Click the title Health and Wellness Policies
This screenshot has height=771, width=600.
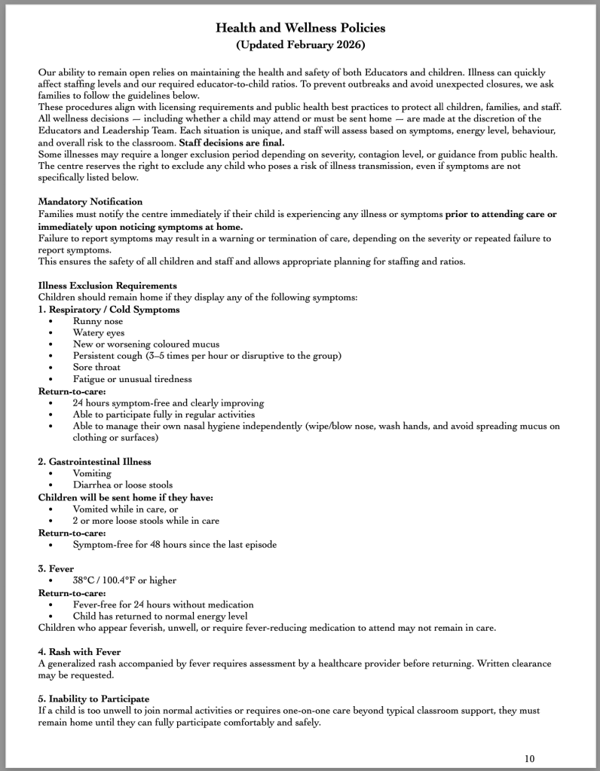click(300, 28)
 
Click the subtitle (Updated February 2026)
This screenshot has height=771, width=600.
click(300, 45)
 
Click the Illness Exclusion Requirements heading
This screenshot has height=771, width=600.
click(108, 285)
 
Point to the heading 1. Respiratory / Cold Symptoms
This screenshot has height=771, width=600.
click(109, 309)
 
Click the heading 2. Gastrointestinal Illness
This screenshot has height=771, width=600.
click(95, 461)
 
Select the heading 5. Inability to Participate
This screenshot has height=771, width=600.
click(93, 699)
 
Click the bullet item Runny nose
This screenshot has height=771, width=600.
click(97, 321)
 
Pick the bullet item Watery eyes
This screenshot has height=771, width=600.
click(99, 332)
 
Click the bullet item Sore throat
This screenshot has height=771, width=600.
click(98, 367)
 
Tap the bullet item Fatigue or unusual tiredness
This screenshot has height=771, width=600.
click(132, 378)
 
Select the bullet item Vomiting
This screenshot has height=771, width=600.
click(92, 473)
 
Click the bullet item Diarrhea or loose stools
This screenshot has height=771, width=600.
click(122, 485)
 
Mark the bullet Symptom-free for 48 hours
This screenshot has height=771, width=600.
click(175, 544)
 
